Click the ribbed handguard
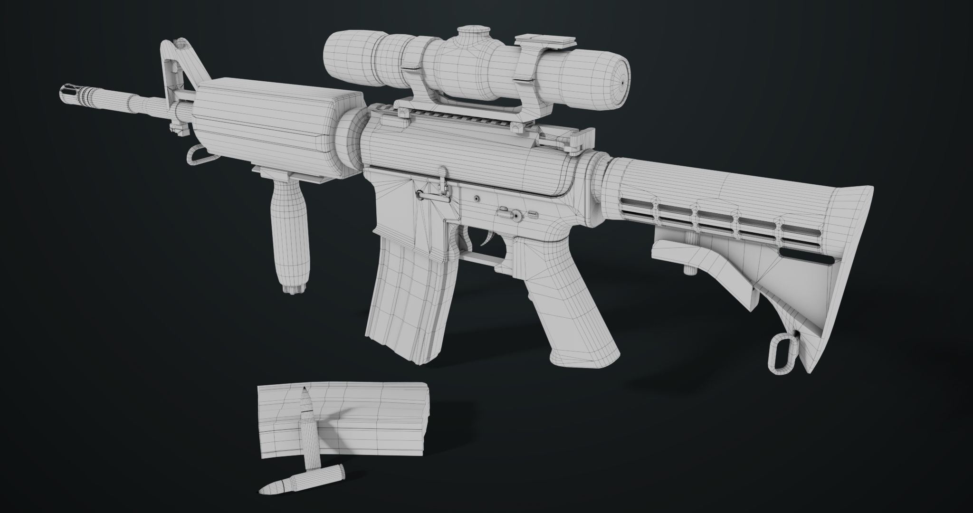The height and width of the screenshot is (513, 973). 271,128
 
